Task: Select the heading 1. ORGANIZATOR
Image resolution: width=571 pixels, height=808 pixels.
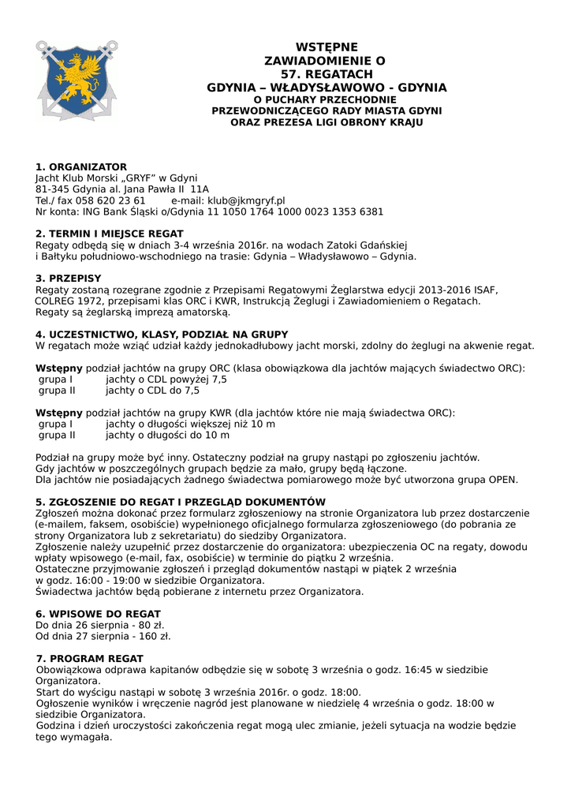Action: [81, 167]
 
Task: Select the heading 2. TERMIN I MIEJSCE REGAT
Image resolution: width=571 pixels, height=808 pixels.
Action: [110, 234]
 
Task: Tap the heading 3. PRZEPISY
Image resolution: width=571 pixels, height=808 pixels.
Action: [69, 279]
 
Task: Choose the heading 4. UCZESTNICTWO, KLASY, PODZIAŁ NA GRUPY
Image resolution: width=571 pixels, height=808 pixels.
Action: [162, 335]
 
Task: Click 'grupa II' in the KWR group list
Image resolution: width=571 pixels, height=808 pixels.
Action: [57, 435]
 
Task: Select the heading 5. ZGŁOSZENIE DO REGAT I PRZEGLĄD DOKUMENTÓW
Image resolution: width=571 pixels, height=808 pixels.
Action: [181, 502]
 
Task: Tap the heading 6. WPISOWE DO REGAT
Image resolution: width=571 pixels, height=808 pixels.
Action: [99, 614]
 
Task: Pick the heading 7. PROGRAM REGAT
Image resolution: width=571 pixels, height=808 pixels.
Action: [90, 659]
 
